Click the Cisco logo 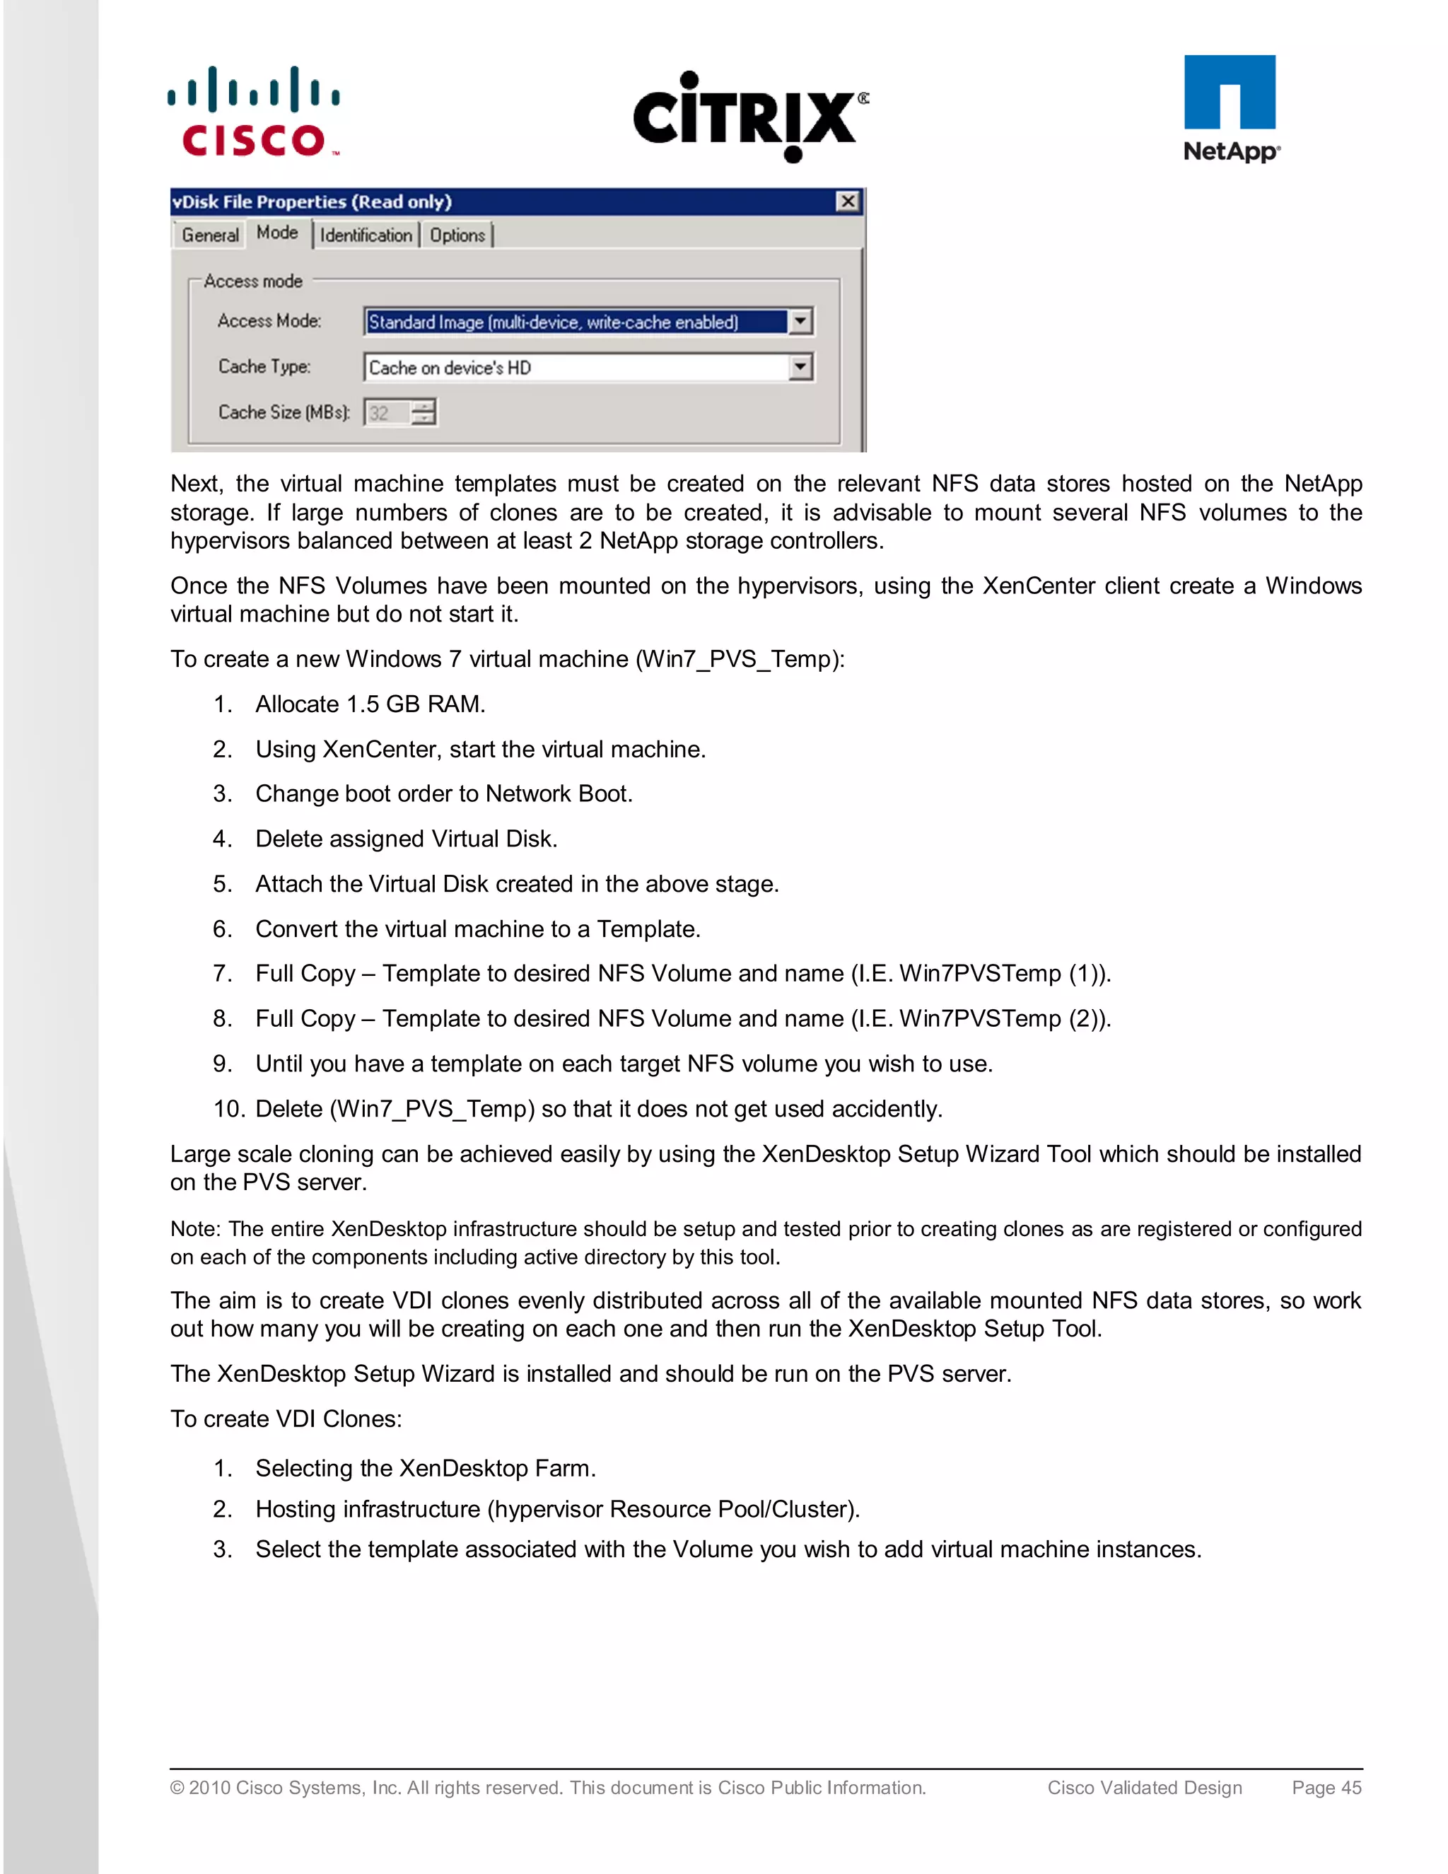pyautogui.click(x=254, y=112)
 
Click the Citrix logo pyautogui.click(x=749, y=117)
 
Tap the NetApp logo pyautogui.click(x=1230, y=109)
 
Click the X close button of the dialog pyautogui.click(x=848, y=202)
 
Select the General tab pyautogui.click(x=210, y=235)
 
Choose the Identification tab pyautogui.click(x=366, y=235)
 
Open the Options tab pyautogui.click(x=457, y=235)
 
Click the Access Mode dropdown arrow pyautogui.click(x=800, y=322)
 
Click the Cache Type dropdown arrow pyautogui.click(x=800, y=367)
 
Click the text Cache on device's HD pyautogui.click(x=450, y=367)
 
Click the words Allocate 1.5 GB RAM pyautogui.click(x=370, y=704)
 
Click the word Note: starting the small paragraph pyautogui.click(x=196, y=1229)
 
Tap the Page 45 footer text pyautogui.click(x=1326, y=1787)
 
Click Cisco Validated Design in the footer pyautogui.click(x=1145, y=1787)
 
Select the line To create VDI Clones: pyautogui.click(x=286, y=1419)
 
